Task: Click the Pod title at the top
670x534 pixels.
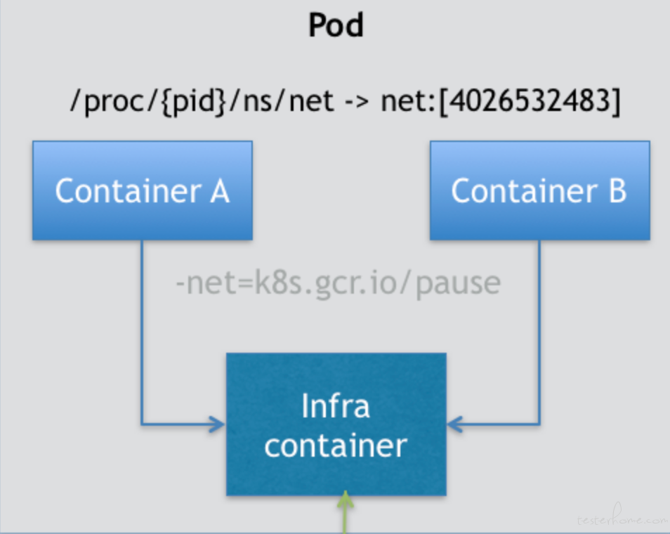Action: tap(336, 25)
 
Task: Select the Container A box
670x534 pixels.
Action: tap(143, 190)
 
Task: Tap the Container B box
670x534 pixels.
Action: tap(539, 190)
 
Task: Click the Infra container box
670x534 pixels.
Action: tap(336, 424)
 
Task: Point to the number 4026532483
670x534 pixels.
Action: tap(530, 101)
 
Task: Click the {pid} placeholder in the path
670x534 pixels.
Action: tap(193, 102)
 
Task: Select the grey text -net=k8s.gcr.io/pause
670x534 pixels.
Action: tap(339, 283)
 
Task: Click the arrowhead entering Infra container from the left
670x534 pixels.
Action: tap(216, 424)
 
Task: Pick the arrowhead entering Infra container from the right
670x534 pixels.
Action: tap(455, 424)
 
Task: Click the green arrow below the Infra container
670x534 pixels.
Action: tap(345, 512)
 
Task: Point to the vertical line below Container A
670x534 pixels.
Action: tap(142, 332)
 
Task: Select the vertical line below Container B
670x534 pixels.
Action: tap(539, 332)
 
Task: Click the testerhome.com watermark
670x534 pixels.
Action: tap(622, 516)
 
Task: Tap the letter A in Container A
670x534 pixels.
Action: tap(220, 191)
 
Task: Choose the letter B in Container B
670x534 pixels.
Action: tap(617, 191)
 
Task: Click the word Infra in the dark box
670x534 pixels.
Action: tap(336, 405)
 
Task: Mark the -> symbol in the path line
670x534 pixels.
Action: tap(357, 103)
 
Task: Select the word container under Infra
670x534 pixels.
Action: tap(336, 445)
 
